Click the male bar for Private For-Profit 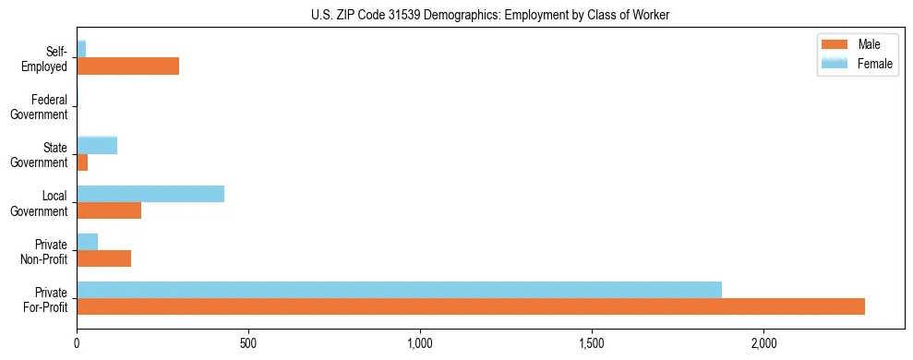tap(471, 306)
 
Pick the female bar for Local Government tap(150, 194)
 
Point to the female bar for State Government tap(97, 146)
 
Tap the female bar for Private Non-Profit tap(87, 242)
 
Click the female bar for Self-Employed tap(81, 50)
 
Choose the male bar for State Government tap(82, 162)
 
